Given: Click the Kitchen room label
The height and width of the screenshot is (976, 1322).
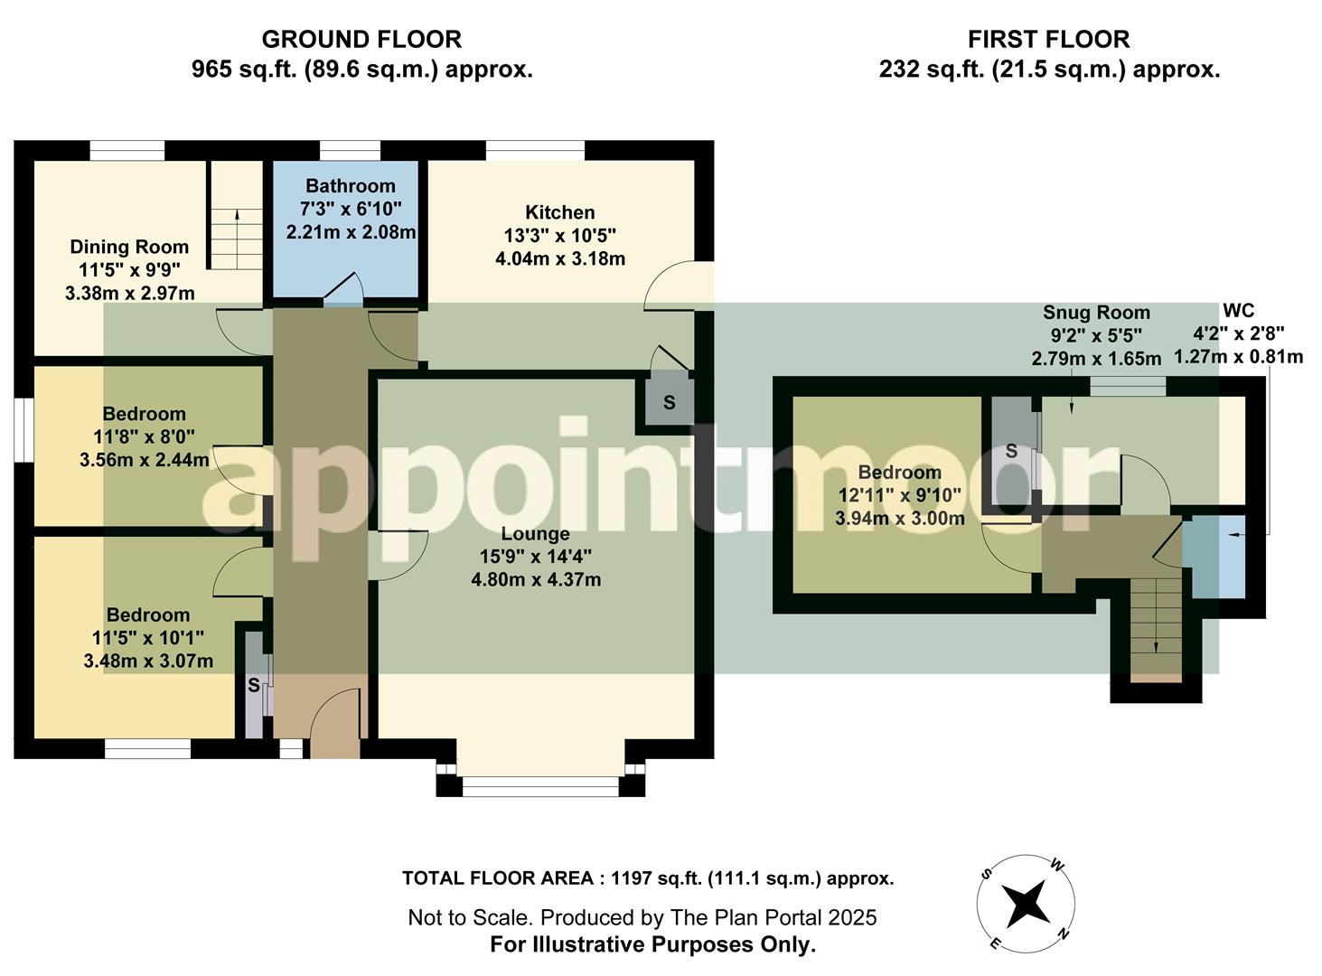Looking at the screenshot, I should coord(560,212).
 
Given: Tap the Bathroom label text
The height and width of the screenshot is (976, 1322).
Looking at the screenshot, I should coord(351,186).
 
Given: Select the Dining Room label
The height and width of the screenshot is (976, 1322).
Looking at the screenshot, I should coord(129,247).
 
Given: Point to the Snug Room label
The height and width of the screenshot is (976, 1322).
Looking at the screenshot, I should coord(1096,313).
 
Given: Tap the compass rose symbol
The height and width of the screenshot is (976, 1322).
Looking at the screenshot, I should coord(1026,903).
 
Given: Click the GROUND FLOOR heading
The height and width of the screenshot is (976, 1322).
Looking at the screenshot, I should coord(361,40).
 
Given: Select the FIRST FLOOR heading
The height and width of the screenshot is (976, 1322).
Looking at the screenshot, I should coord(1048,40).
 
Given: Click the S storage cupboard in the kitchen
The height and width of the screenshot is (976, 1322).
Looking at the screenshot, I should coord(669,403).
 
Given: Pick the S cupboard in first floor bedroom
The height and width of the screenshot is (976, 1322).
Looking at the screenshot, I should coord(1011,451).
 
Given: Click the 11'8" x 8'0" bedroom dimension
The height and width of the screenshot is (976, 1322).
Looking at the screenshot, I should coord(145,437).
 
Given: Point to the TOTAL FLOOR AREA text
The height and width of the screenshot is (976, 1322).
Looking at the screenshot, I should coord(648,878).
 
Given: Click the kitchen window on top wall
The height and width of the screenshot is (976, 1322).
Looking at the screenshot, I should coord(535,150).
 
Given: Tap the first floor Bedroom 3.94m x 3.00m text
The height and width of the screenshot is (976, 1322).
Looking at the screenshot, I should coord(899,519).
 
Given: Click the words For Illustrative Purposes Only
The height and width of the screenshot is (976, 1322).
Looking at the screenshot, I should coord(652,945).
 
